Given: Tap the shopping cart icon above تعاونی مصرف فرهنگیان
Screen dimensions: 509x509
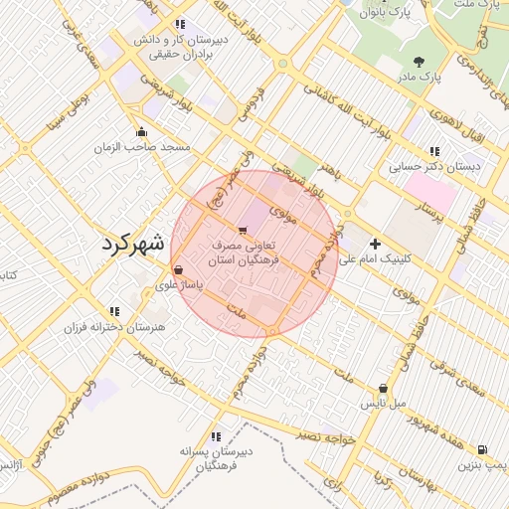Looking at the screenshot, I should coord(245,231).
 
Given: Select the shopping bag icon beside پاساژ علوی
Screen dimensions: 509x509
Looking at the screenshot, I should coord(178,269).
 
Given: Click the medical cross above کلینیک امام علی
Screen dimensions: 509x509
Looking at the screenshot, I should coord(375,244).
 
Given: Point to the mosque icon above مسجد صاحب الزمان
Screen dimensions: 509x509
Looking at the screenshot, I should coord(141,131).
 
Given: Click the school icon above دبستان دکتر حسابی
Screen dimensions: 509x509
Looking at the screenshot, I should coord(433,152).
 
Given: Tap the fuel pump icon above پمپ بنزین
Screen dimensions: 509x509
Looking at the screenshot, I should coord(482,449).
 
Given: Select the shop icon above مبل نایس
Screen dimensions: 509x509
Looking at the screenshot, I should coord(384,389).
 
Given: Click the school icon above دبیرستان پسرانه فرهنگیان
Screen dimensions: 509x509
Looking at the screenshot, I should coord(216,436).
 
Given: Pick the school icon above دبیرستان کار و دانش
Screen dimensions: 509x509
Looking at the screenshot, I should coord(179,24).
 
